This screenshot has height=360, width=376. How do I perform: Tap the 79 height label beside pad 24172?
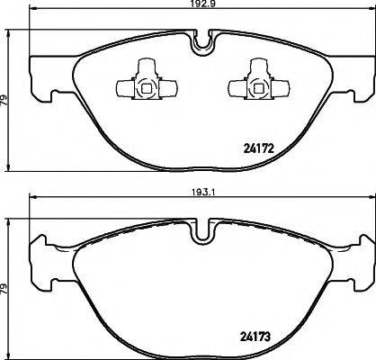[x=4, y=100]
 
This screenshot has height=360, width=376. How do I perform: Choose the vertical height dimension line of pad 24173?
[x=12, y=261]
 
